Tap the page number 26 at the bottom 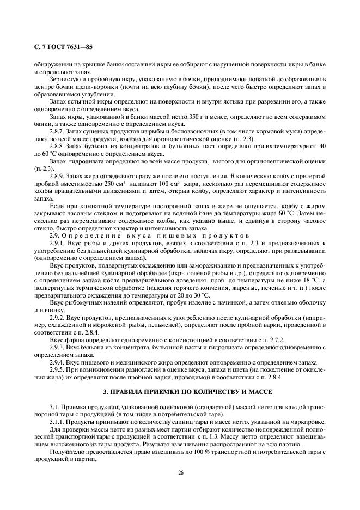point(180,472)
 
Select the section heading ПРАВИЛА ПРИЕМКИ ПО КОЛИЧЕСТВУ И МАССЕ point(180,392)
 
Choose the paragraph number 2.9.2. point(58,317)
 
